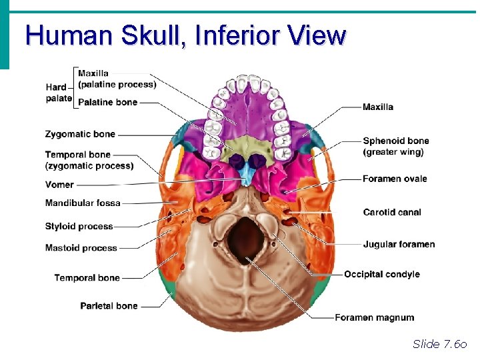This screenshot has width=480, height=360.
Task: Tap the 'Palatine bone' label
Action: click(107, 102)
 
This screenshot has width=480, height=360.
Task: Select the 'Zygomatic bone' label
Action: click(80, 134)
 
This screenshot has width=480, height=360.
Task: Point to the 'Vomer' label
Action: click(59, 185)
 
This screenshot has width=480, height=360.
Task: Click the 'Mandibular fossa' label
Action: click(83, 203)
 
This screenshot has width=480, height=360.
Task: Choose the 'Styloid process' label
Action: click(79, 227)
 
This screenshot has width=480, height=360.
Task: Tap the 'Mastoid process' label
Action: click(81, 248)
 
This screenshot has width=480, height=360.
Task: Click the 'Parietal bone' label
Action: click(109, 306)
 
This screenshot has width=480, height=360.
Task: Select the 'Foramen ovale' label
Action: click(395, 179)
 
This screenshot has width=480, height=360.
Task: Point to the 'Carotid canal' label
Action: click(392, 213)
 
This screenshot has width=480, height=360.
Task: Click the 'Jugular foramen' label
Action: click(399, 245)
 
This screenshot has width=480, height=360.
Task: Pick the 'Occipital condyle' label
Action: click(382, 274)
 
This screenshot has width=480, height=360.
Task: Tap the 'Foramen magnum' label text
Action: click(374, 317)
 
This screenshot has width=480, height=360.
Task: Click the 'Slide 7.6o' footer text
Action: click(440, 344)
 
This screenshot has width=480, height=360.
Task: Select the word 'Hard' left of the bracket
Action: click(56, 87)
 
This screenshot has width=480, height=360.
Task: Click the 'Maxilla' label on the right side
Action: click(378, 107)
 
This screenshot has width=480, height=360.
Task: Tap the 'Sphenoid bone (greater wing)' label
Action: click(396, 146)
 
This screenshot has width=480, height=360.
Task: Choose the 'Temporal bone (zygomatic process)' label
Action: click(89, 160)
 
